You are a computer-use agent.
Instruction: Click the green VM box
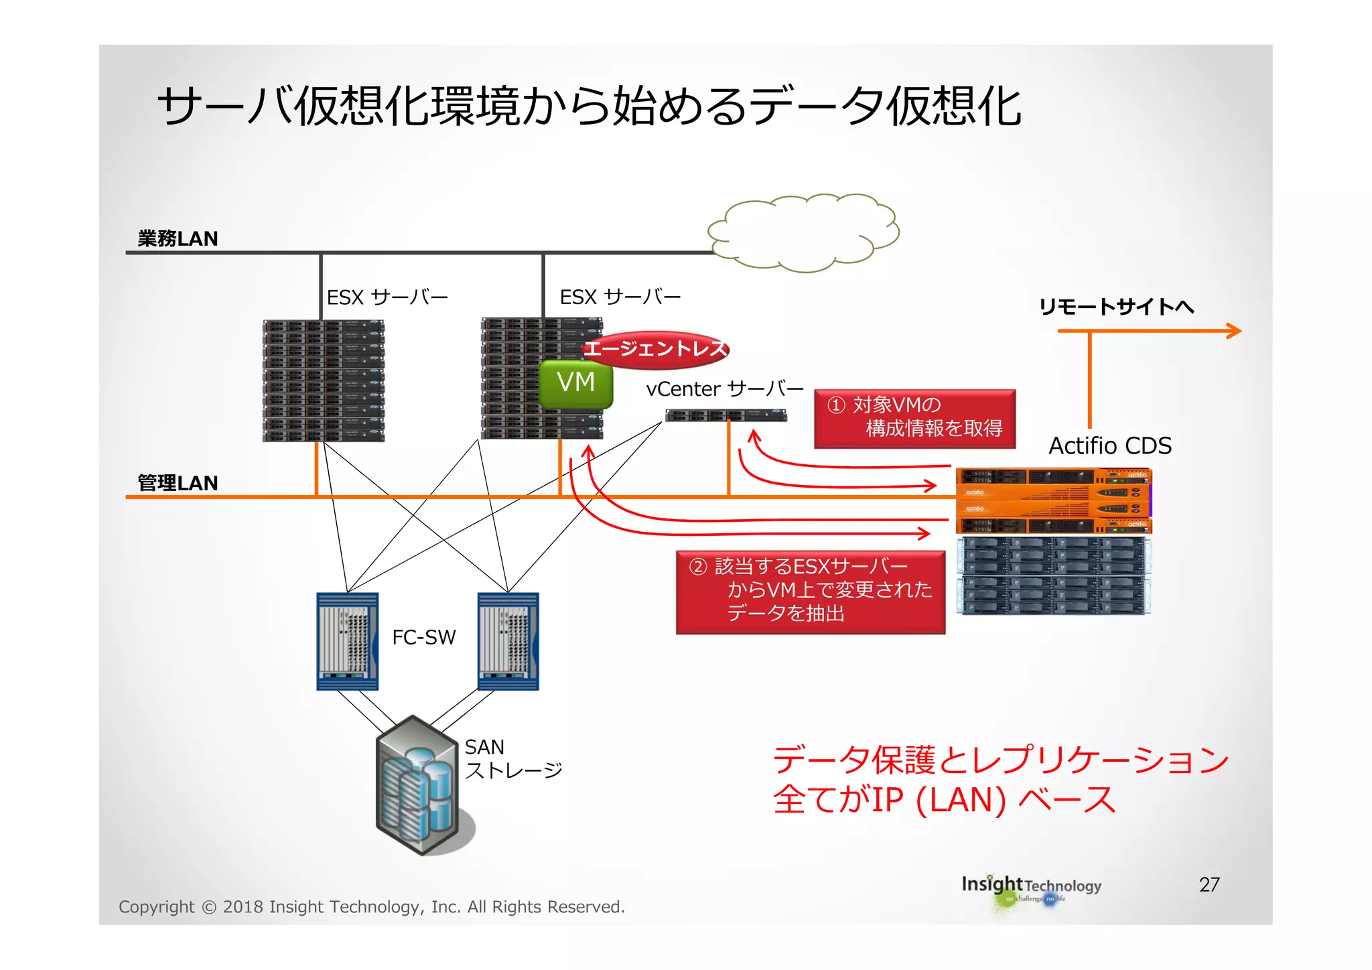point(576,384)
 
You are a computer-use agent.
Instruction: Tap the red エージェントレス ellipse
point(655,349)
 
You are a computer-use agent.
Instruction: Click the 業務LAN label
point(178,238)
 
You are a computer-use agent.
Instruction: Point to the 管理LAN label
point(178,483)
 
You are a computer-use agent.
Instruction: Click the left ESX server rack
point(324,380)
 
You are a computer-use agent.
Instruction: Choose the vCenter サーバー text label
point(725,389)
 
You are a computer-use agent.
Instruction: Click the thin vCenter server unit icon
point(726,415)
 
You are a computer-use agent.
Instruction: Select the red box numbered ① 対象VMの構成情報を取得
point(914,418)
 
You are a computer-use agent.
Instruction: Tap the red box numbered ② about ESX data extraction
point(810,591)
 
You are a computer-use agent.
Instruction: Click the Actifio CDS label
point(1109,446)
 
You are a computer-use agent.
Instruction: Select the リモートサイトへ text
point(1116,307)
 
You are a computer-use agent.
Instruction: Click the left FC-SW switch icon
point(347,641)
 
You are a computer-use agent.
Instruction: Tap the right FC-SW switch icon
point(508,641)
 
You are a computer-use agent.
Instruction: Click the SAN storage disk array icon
point(418,785)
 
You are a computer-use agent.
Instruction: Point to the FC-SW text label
point(423,637)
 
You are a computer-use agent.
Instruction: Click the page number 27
point(1209,884)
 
